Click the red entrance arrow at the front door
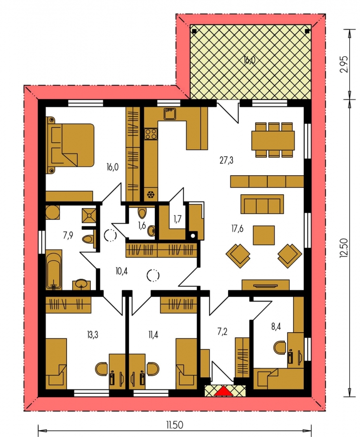tap(224, 391)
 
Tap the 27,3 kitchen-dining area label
tap(227, 160)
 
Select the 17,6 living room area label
tap(237, 229)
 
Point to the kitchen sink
tap(169, 114)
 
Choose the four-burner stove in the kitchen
tap(150, 134)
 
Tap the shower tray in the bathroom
tap(89, 215)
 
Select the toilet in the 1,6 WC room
tap(143, 213)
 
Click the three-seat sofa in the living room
tap(262, 204)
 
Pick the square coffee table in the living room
tap(263, 235)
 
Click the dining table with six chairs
tap(273, 140)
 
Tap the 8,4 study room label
tap(276, 326)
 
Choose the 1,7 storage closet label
tap(178, 219)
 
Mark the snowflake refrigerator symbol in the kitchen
tap(151, 195)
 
